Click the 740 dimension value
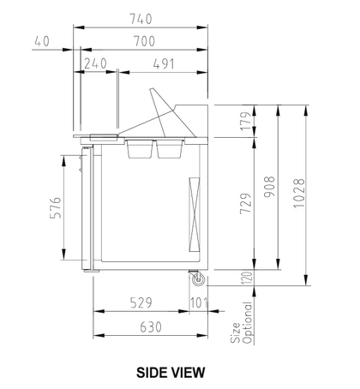point(141,19)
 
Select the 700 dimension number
point(144,41)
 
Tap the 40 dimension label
point(42,41)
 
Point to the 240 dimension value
point(95,63)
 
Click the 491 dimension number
point(164,64)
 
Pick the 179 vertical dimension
point(246,122)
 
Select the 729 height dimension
point(246,203)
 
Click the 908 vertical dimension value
point(269,187)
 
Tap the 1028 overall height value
point(299,194)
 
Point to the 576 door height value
point(56,207)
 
